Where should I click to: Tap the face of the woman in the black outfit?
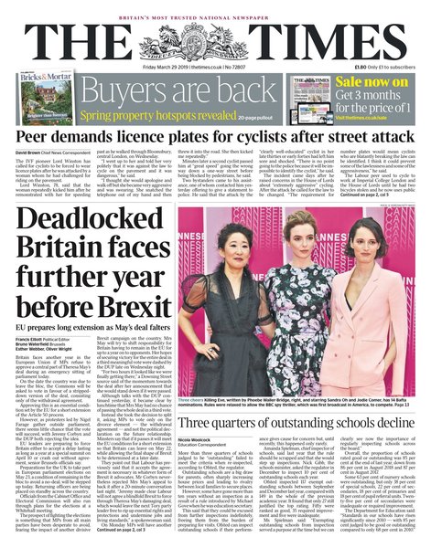(390, 220)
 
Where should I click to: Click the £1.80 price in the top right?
(363, 67)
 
